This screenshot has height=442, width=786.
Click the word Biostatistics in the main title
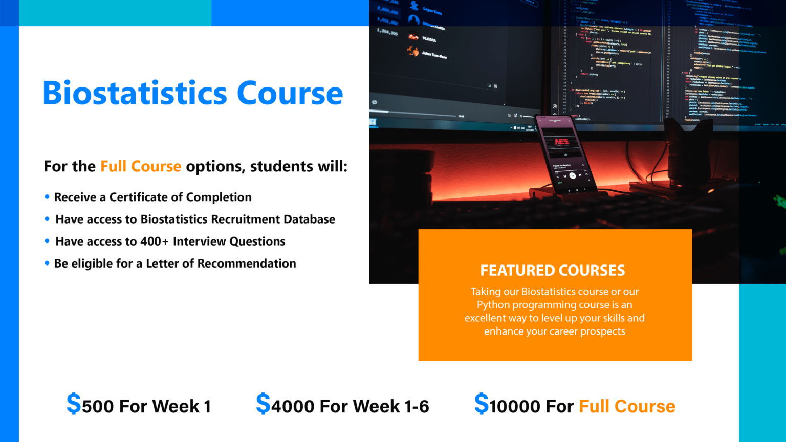pyautogui.click(x=135, y=93)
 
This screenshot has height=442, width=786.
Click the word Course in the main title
pyautogui.click(x=290, y=93)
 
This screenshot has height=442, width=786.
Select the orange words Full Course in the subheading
pyautogui.click(x=141, y=166)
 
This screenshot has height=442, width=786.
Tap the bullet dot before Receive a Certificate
pyautogui.click(x=47, y=197)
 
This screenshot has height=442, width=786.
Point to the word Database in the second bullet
pyautogui.click(x=309, y=219)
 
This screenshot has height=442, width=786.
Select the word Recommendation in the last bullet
pyautogui.click(x=247, y=263)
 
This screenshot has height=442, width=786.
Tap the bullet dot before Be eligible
pyautogui.click(x=47, y=264)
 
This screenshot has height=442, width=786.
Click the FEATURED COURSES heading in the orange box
pyautogui.click(x=553, y=270)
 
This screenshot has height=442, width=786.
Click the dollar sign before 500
pyautogui.click(x=74, y=404)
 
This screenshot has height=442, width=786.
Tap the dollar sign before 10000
pyautogui.click(x=482, y=404)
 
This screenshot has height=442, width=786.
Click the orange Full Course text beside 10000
pyautogui.click(x=627, y=406)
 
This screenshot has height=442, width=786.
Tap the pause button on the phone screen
pyautogui.click(x=572, y=175)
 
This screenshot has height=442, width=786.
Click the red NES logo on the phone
pyautogui.click(x=561, y=142)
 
